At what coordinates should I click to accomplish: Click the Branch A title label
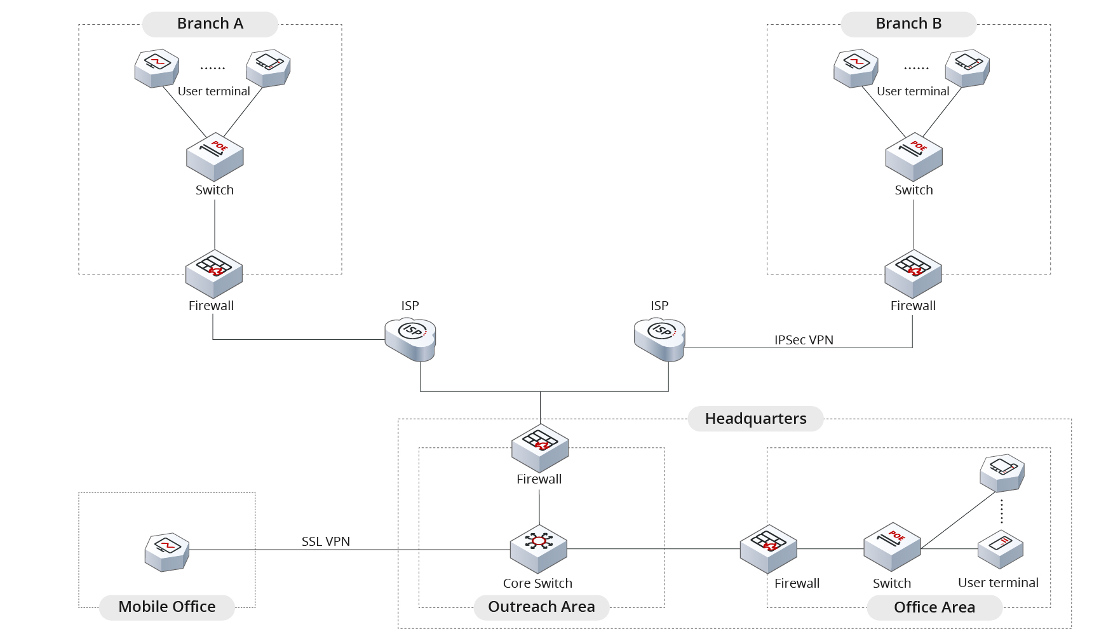[x=210, y=24]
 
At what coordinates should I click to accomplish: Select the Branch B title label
[x=908, y=24]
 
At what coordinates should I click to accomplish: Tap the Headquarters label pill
[x=755, y=419]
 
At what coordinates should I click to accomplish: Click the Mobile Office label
[x=166, y=607]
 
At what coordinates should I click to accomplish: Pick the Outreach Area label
[x=541, y=607]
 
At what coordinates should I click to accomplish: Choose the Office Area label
[x=934, y=607]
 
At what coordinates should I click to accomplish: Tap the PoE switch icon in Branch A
[x=215, y=157]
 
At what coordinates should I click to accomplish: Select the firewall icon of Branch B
[x=913, y=273]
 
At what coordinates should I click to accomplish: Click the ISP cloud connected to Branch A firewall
[x=410, y=339]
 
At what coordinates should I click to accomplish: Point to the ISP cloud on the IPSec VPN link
[x=659, y=339]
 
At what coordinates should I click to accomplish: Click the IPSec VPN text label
[x=804, y=340]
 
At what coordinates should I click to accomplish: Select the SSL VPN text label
[x=325, y=541]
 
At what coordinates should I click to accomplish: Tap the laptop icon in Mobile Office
[x=166, y=552]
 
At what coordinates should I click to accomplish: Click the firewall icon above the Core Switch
[x=540, y=447]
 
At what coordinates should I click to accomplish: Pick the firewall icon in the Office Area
[x=768, y=549]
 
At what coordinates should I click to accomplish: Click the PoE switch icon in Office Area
[x=892, y=546]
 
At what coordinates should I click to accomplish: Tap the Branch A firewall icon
[x=214, y=273]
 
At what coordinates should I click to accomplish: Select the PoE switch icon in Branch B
[x=914, y=157]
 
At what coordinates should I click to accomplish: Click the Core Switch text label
[x=537, y=583]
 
